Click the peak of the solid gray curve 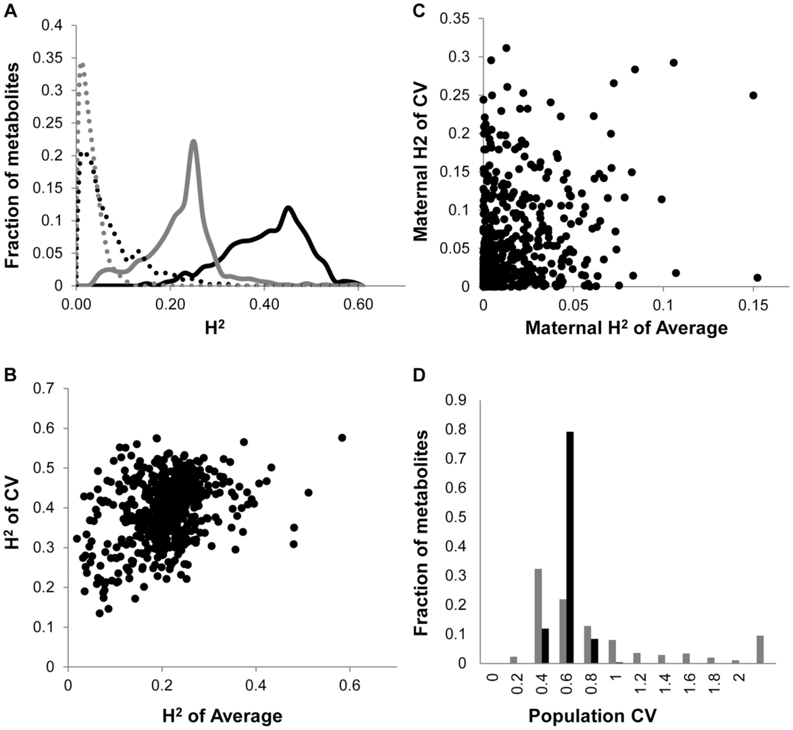pyautogui.click(x=194, y=142)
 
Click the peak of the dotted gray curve pyautogui.click(x=81, y=65)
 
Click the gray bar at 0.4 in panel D pyautogui.click(x=538, y=616)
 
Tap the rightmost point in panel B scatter pyautogui.click(x=342, y=437)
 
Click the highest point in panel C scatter pyautogui.click(x=506, y=48)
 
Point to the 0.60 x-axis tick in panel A pyautogui.click(x=358, y=304)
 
